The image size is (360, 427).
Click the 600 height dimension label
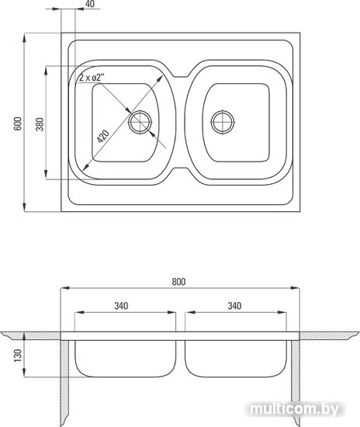[x=18, y=123]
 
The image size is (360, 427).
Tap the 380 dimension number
[x=40, y=124]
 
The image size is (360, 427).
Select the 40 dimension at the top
[x=89, y=4]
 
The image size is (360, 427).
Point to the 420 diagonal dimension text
[x=103, y=137]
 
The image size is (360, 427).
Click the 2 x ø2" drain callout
[x=90, y=78]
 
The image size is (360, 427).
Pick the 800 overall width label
[x=178, y=282]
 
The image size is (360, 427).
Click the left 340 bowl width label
[x=121, y=306]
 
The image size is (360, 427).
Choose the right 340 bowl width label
[x=234, y=306]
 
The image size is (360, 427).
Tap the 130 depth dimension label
[x=18, y=356]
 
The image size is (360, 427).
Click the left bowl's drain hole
[x=140, y=122]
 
